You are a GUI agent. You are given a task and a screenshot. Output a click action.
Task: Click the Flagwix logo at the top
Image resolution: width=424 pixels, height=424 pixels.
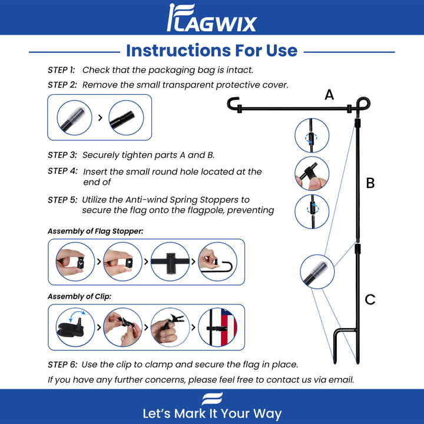click(212, 18)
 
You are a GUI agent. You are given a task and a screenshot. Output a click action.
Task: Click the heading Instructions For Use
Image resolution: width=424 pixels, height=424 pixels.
click(212, 51)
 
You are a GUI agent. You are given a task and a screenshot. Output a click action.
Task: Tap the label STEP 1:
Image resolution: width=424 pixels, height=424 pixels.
click(61, 70)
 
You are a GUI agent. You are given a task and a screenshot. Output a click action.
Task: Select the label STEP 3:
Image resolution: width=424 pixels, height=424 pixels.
click(62, 155)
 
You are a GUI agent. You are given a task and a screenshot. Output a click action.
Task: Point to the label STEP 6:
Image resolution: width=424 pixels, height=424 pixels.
click(63, 365)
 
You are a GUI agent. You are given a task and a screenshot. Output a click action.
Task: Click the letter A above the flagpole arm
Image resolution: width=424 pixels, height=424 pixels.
click(329, 95)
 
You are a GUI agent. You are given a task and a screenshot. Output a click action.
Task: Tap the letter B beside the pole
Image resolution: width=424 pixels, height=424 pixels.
click(370, 183)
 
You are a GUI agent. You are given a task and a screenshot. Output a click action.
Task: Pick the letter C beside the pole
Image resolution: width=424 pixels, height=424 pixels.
click(370, 299)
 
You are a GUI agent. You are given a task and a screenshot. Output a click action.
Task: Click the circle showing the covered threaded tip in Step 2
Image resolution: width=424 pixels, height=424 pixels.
click(74, 118)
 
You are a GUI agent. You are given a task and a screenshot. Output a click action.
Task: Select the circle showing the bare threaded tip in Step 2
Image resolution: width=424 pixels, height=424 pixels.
click(126, 118)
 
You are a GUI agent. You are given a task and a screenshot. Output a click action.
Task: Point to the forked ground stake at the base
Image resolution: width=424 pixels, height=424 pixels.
click(347, 346)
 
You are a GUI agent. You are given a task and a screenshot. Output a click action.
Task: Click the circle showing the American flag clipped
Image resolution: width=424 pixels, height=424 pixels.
click(218, 327)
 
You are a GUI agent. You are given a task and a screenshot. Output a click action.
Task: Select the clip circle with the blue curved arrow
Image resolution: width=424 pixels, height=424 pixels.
click(75, 327)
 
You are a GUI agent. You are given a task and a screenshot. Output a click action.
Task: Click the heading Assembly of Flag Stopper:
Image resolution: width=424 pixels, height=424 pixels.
click(95, 231)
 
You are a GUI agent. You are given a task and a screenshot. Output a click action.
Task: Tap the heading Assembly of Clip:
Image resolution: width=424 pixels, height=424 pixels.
click(79, 296)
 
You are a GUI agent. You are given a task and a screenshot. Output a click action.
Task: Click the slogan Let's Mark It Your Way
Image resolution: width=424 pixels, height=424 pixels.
click(212, 414)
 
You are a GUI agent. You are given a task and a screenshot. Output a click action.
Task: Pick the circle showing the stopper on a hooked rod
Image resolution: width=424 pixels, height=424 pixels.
click(218, 261)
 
